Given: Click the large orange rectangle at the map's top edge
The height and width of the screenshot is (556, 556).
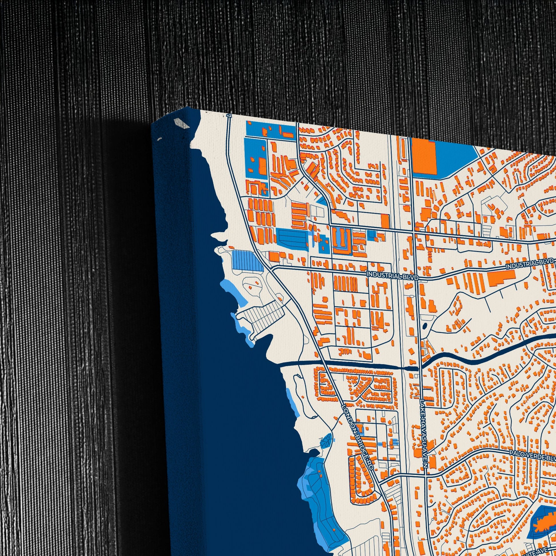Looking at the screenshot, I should [424, 157].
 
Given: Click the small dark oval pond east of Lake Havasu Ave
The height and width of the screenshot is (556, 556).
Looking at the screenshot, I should [425, 326].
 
